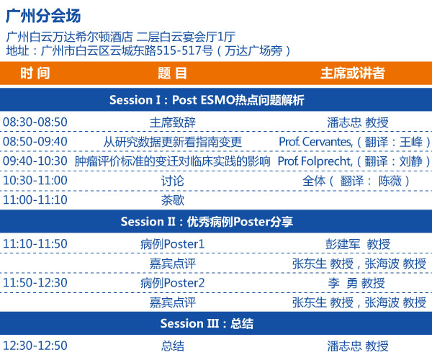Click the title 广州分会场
click(x=43, y=16)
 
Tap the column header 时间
click(x=35, y=73)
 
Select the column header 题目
click(x=173, y=73)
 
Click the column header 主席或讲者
click(x=353, y=73)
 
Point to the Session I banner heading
click(x=207, y=99)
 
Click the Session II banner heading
click(x=207, y=222)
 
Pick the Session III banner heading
click(x=207, y=323)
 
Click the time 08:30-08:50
click(x=35, y=122)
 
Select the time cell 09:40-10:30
click(x=35, y=161)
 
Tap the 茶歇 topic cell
click(x=173, y=200)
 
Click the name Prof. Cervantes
click(x=316, y=142)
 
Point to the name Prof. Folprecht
click(x=315, y=161)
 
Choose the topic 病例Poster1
click(x=173, y=244)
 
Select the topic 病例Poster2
click(x=173, y=283)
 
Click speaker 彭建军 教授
click(x=358, y=244)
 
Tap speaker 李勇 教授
click(x=356, y=283)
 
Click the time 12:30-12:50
click(x=35, y=346)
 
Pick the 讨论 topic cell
click(x=173, y=181)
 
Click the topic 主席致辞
click(x=173, y=122)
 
